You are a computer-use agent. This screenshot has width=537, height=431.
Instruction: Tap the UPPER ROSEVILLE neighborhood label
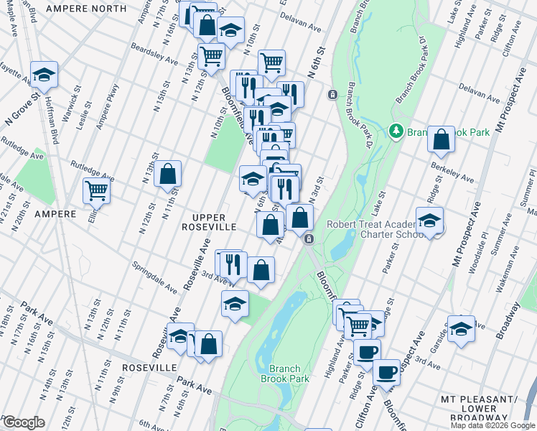tap(207, 222)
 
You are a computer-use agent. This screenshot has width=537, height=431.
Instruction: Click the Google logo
tap(24, 422)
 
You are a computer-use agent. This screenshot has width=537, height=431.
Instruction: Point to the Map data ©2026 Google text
tap(493, 425)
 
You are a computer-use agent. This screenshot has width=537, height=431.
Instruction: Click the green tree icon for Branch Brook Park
tap(396, 131)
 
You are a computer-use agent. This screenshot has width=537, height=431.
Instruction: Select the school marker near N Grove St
tap(44, 74)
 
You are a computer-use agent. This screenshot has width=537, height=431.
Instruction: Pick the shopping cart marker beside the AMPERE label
tap(96, 191)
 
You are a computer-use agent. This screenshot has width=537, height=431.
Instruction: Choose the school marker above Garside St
tap(461, 328)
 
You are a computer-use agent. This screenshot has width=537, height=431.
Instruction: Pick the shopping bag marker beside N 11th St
tap(167, 174)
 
